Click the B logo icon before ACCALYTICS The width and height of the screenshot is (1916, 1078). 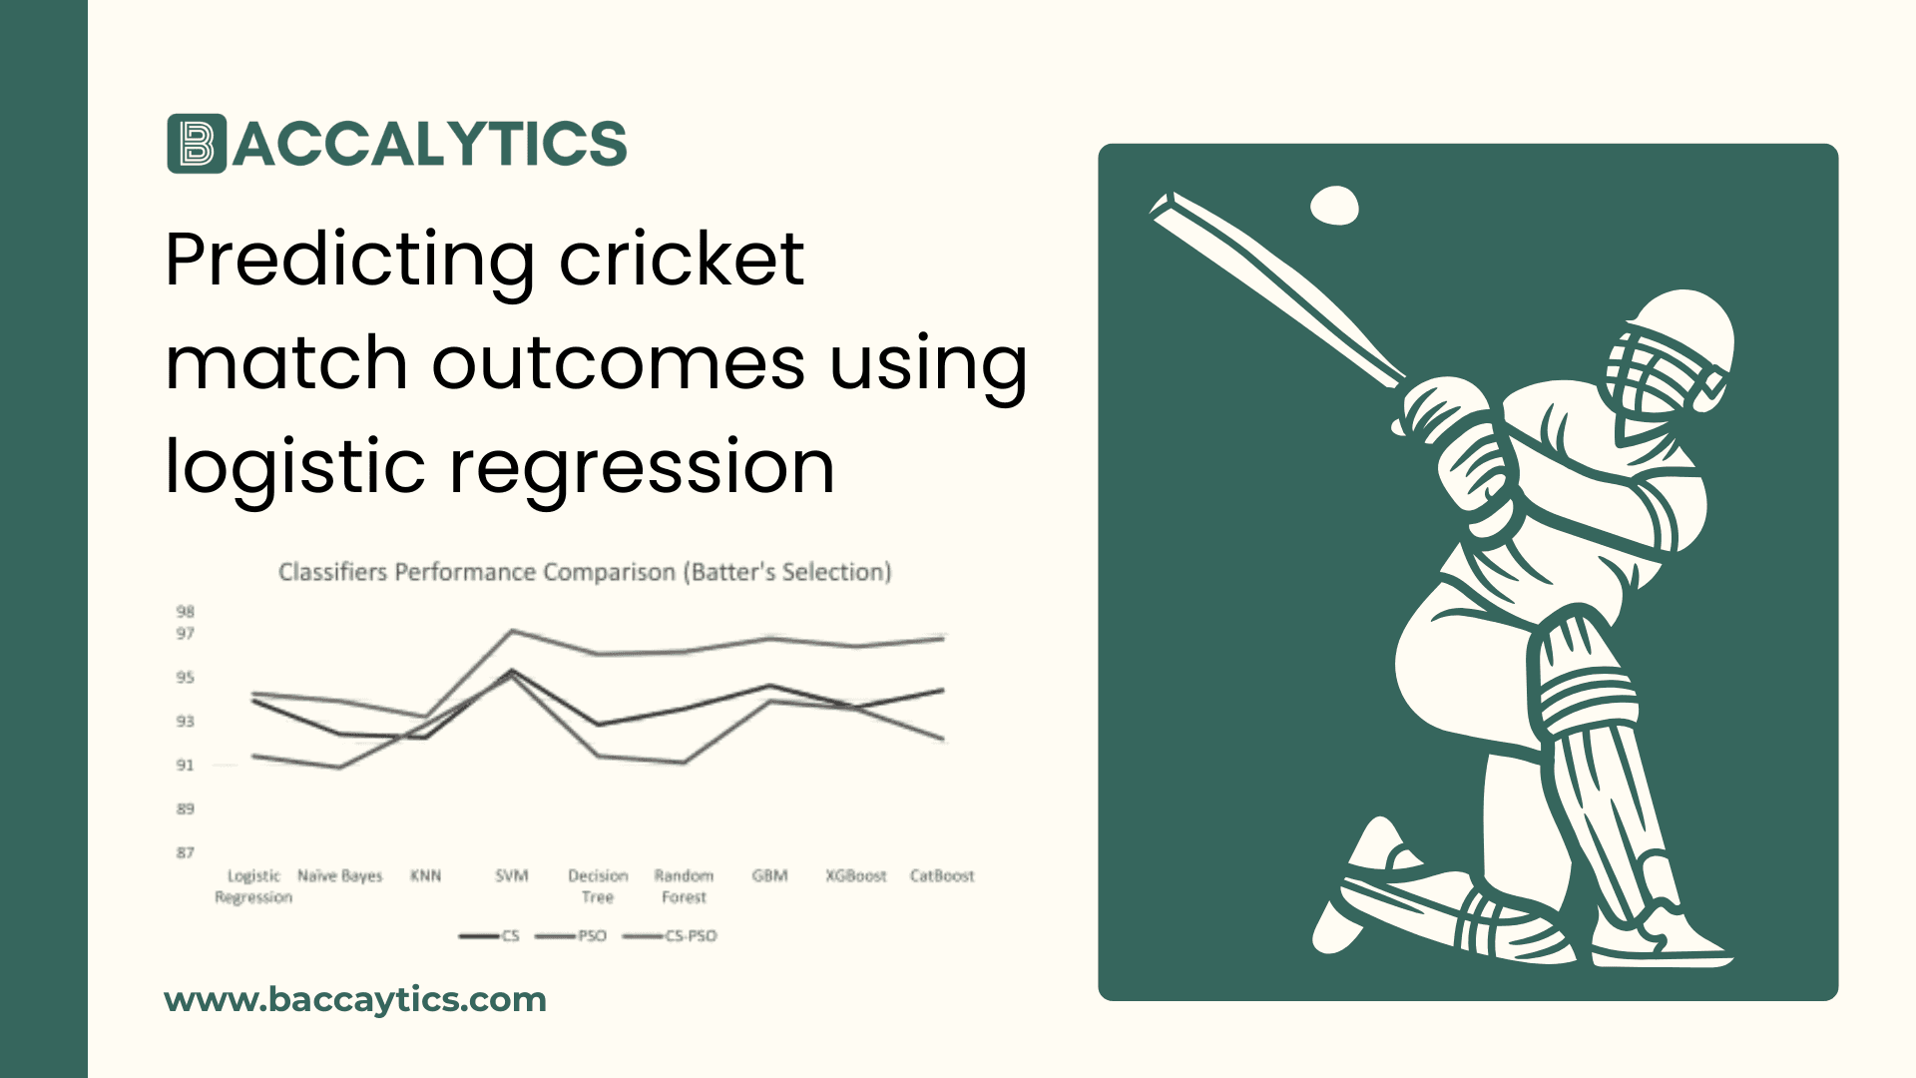pos(197,144)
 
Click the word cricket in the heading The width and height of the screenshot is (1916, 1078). pos(681,259)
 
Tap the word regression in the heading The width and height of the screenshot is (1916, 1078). pos(642,467)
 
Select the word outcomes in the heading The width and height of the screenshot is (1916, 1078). pos(618,362)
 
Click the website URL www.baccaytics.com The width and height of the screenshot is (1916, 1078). pos(355,999)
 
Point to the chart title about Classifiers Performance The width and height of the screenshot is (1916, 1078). pos(584,572)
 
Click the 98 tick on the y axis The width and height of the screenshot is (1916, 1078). pos(186,611)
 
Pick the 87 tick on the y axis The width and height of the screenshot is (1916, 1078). pos(186,852)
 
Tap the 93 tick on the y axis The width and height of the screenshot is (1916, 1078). pos(186,721)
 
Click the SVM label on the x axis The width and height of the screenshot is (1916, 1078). pos(512,875)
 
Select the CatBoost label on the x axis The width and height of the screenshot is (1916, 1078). pos(941,875)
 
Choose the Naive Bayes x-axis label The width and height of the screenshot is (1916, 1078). pos(339,875)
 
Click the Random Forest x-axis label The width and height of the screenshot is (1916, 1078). pos(684,886)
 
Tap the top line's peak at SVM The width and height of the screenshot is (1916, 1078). pos(512,631)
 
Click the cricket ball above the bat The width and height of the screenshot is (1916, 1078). pos(1333,206)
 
